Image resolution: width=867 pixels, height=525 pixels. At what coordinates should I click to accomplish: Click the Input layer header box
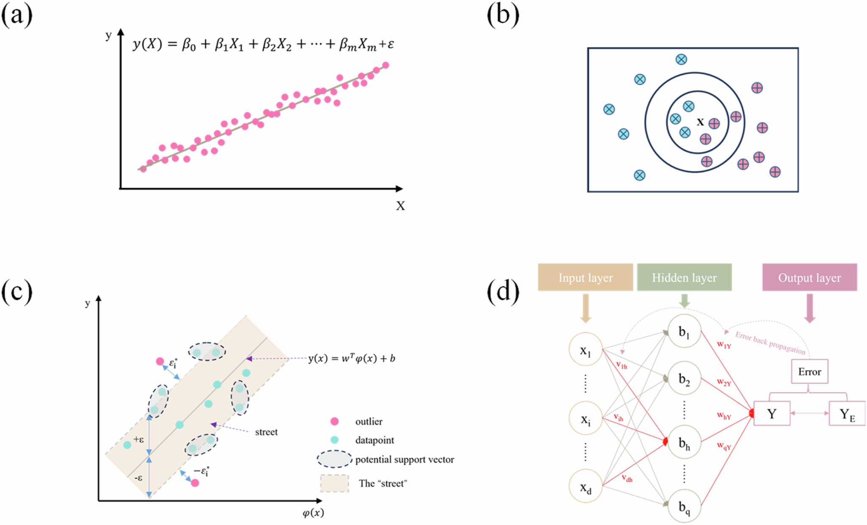pos(585,278)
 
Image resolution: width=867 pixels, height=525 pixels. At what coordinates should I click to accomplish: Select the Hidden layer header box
pos(684,278)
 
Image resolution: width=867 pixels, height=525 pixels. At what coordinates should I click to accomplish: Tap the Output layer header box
pos(809,278)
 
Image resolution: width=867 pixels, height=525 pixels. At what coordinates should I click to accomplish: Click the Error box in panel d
pos(809,372)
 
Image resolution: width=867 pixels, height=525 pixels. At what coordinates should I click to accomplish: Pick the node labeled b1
pos(684,331)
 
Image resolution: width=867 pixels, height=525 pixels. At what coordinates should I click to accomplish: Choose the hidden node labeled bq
pos(684,506)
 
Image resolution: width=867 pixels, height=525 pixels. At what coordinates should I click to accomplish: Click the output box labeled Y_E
pos(847,414)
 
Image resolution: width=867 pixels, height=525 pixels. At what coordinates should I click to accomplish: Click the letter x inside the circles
pos(700,122)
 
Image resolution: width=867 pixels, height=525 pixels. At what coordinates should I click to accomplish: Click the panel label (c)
pos(17,292)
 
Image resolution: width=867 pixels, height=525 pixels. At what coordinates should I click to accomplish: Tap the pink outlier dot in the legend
pos(334,421)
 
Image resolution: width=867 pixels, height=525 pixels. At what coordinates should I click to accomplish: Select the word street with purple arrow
pos(266,432)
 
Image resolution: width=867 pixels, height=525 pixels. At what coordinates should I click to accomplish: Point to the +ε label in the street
pos(138,439)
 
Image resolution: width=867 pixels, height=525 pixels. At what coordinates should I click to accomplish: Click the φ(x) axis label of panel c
pos(313,513)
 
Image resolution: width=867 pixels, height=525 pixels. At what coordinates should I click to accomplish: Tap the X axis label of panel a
pos(400,206)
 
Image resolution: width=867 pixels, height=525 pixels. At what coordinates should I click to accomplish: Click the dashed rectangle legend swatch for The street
pos(334,483)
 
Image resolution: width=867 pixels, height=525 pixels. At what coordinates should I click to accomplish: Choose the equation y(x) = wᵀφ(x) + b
pos(351,358)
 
